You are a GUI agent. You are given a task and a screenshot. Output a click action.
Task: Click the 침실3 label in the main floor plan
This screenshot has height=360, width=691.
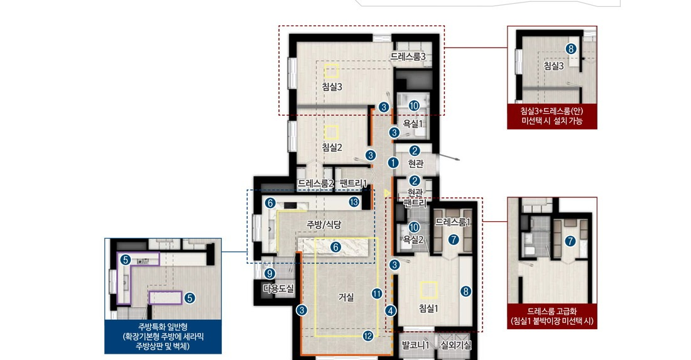(332, 87)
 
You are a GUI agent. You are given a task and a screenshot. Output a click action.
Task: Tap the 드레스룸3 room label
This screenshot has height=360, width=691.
(408, 57)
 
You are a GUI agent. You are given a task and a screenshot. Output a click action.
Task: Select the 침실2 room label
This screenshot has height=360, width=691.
(332, 147)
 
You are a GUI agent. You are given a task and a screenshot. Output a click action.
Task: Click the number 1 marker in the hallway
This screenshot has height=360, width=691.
(393, 163)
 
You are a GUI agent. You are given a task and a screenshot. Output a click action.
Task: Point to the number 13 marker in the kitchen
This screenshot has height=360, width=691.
(354, 202)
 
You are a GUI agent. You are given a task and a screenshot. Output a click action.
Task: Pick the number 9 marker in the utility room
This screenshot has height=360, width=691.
(269, 274)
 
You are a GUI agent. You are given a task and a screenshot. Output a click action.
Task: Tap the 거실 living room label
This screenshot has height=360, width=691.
(346, 297)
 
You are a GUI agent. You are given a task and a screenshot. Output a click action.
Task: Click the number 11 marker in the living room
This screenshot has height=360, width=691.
(377, 293)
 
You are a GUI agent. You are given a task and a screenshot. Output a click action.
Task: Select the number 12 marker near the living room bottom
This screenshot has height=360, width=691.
(368, 335)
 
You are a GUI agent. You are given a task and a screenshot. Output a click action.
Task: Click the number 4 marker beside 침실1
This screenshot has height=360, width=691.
(391, 310)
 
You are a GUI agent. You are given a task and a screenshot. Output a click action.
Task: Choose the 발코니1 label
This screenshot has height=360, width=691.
(416, 345)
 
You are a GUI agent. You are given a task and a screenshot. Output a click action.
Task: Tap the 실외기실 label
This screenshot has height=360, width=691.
(455, 345)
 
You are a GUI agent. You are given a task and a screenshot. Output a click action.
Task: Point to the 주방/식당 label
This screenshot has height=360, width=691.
(324, 224)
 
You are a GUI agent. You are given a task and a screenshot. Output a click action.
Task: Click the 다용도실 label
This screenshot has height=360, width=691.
(278, 288)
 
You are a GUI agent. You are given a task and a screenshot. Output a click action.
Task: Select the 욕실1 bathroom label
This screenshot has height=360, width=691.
(413, 124)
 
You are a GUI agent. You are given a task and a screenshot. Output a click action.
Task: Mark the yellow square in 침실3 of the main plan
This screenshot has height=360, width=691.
(332, 71)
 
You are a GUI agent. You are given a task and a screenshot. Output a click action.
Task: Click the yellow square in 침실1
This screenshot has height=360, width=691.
(429, 290)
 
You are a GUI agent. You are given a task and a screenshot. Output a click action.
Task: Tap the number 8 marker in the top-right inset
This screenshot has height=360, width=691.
(571, 49)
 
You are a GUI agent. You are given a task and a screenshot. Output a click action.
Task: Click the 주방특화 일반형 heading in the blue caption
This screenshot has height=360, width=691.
(163, 327)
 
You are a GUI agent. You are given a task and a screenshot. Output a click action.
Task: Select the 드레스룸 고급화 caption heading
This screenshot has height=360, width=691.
(552, 311)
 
